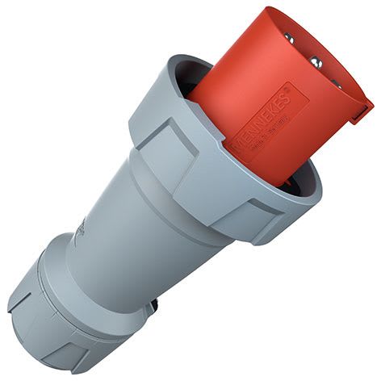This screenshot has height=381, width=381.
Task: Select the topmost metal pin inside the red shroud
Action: pyautogui.click(x=289, y=37)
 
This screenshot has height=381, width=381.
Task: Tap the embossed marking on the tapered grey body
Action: pyautogui.click(x=81, y=234)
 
